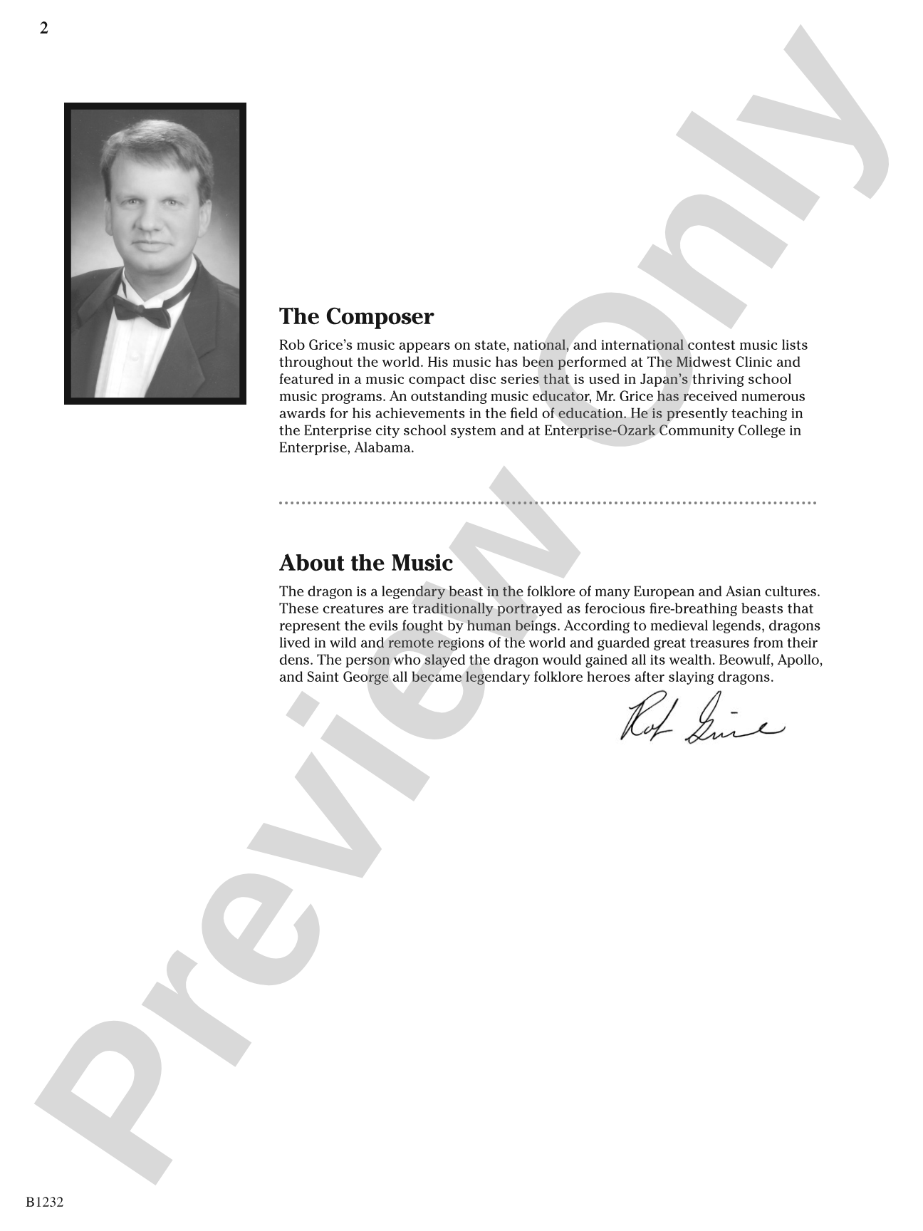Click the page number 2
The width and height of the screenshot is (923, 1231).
(x=44, y=28)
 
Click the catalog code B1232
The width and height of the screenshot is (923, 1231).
(x=45, y=1203)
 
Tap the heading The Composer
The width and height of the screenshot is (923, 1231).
(x=356, y=316)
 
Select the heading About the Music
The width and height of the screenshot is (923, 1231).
(x=366, y=563)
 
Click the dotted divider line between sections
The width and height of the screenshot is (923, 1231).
(x=547, y=503)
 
